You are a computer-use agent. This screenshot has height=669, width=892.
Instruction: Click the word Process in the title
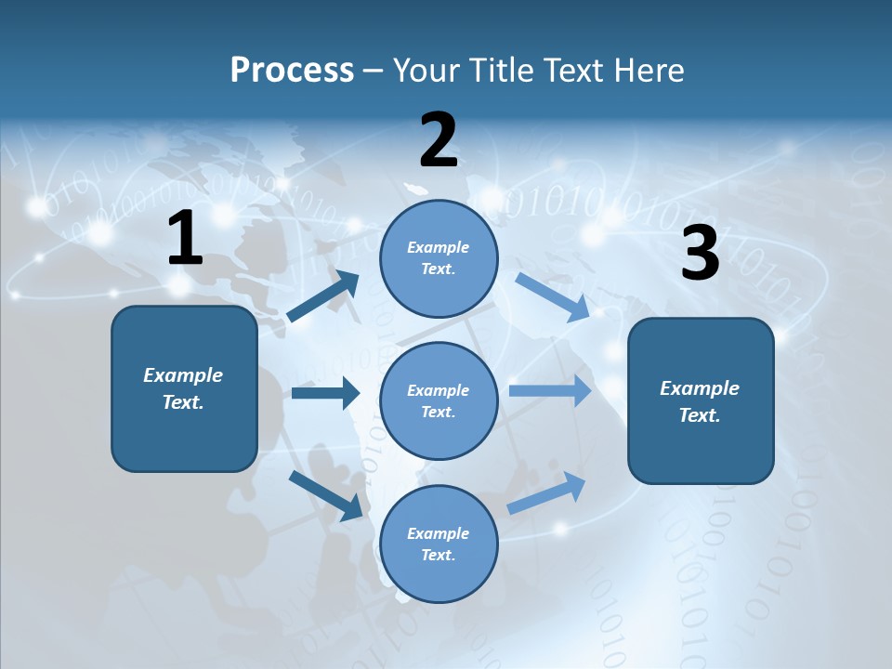[292, 71]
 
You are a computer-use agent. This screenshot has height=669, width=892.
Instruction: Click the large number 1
[185, 239]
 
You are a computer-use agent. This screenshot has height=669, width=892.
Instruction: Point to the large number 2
[439, 140]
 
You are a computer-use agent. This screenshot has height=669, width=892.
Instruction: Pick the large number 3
[700, 254]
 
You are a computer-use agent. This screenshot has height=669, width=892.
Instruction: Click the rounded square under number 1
[184, 388]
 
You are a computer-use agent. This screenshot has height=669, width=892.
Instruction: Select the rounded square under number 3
[701, 400]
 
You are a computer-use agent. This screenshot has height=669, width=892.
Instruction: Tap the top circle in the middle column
[439, 257]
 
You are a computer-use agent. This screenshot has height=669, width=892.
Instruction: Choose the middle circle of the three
[439, 400]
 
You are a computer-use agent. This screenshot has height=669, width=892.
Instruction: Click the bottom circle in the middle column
[439, 544]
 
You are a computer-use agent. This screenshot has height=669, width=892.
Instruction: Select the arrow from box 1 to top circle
[323, 296]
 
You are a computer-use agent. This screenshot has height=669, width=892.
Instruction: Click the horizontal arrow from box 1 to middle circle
[325, 393]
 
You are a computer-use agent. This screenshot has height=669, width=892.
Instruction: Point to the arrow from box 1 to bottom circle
[325, 495]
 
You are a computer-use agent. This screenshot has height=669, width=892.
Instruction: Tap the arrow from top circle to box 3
[552, 296]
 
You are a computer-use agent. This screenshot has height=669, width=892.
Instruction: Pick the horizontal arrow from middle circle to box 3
[550, 390]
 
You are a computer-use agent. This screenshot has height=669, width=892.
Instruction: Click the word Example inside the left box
[183, 375]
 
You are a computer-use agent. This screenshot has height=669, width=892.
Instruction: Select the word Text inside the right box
[699, 415]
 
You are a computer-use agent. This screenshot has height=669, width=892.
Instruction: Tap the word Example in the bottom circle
[438, 533]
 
